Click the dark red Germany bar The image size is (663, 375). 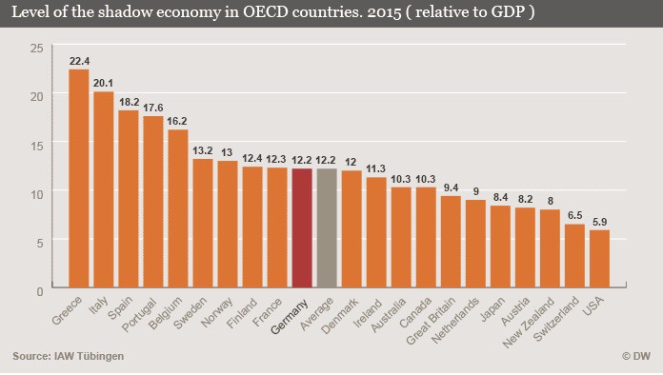coord(302,228)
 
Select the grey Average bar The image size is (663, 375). coord(327,228)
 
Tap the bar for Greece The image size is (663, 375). coord(79,179)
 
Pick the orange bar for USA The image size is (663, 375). coord(599,259)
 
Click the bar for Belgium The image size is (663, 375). coord(178,208)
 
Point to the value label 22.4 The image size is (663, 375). coord(79,61)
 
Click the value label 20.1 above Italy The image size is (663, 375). coord(103,83)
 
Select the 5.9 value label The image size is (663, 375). coord(599,222)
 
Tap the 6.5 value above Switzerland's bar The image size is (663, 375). coord(575,215)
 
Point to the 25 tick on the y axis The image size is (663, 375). coord(37,49)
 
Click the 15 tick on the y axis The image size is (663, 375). coord(37,147)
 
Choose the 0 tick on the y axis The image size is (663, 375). coord(40,291)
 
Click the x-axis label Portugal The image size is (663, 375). coord(139,315)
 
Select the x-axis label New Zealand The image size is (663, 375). coord(529,323)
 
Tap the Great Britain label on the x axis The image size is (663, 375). coord(431,321)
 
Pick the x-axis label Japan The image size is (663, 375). coord(493,309)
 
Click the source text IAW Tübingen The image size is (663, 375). coord(89,356)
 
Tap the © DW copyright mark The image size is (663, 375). coord(636,356)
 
